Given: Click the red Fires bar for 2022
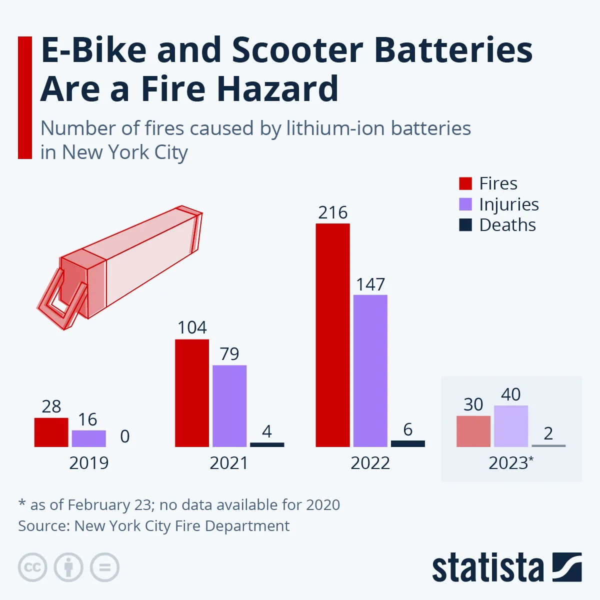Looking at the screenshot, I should point(332,335).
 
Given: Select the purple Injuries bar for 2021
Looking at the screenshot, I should point(229,405).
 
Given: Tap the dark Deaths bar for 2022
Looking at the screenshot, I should point(407,443).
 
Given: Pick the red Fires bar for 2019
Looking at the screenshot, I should point(51,432).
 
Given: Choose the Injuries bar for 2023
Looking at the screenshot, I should point(510,426).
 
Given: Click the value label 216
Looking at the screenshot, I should point(332,213).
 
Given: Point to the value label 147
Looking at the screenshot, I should point(370,284).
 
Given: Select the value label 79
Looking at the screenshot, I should point(229,354).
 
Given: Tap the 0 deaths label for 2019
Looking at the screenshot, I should point(125,436).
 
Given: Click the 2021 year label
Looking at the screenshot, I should point(229,463).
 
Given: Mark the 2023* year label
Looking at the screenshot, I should point(510,463).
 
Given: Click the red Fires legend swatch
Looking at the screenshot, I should point(465,183).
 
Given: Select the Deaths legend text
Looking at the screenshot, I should point(507,225).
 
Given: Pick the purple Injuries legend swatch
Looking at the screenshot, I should point(465,204).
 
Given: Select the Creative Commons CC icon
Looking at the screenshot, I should point(32,567).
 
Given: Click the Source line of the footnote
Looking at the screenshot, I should point(153,526).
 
